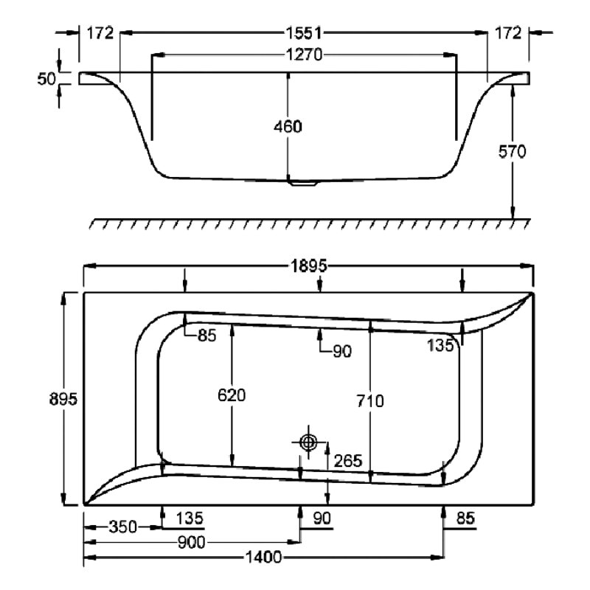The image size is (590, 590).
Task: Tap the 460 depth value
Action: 288,126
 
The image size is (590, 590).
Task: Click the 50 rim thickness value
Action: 47,78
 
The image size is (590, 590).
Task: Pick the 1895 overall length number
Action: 308,267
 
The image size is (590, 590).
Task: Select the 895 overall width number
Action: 64,398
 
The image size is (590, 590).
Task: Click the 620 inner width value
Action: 232,395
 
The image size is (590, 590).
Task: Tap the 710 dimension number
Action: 369,401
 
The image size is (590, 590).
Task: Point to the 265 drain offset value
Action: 347,461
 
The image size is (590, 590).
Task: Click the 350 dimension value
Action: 122,527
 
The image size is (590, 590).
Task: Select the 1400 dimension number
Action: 263,558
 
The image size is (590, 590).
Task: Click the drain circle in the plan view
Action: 308,442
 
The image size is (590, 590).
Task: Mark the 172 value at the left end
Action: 100,32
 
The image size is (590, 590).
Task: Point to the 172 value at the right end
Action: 508,32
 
